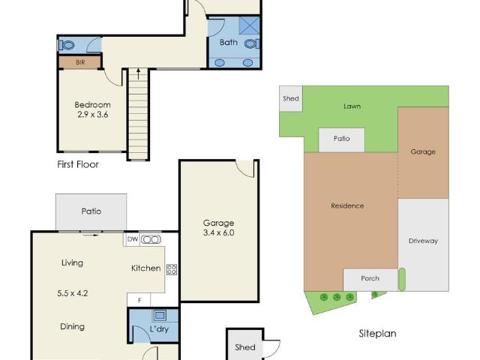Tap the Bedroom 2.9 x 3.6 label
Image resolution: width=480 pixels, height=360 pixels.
tap(93, 110)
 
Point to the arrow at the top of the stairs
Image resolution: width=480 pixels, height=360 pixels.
tap(138, 73)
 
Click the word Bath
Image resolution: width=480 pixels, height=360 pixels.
tap(229, 43)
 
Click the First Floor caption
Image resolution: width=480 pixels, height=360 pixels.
tap(78, 163)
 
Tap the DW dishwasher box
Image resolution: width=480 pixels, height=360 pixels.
tap(132, 239)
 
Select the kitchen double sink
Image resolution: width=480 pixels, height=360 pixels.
tap(151, 239)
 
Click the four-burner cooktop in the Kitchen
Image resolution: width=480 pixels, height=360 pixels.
tap(171, 268)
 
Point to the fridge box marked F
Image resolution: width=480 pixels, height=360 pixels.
tap(138, 300)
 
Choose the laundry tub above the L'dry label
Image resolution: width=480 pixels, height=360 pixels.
tap(159, 316)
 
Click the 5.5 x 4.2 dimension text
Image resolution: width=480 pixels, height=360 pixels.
tap(73, 293)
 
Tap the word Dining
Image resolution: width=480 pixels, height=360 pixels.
tap(72, 326)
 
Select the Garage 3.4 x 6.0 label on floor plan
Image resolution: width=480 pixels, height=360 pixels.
tap(219, 228)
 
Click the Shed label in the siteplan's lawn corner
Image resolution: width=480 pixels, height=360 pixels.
tap(290, 99)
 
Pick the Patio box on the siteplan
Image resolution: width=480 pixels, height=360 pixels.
tap(342, 139)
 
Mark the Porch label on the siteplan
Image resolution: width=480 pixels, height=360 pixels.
tap(370, 278)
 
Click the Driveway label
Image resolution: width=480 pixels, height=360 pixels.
tap(423, 241)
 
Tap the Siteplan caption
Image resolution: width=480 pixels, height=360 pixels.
tap(377, 334)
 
